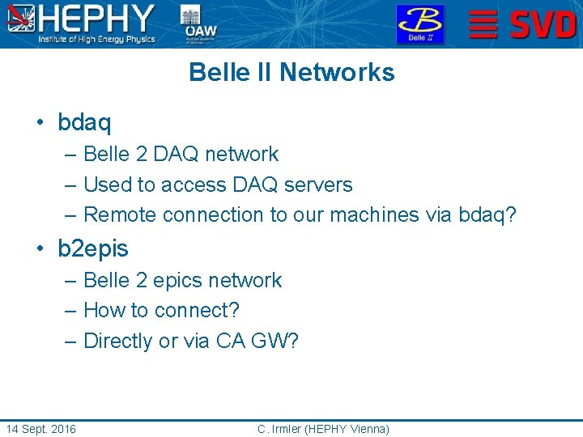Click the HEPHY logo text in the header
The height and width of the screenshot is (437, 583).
pos(97,18)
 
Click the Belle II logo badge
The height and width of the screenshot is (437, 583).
pos(419,24)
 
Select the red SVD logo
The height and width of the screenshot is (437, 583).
pos(523,24)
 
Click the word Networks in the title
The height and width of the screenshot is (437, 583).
pos(337,73)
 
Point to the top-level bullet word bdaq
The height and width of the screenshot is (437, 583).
pos(84,123)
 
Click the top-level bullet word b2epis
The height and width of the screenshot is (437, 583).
pos(93,249)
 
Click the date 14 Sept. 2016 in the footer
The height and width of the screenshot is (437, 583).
pos(40,429)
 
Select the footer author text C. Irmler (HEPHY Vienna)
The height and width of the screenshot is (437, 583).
pos(323,429)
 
